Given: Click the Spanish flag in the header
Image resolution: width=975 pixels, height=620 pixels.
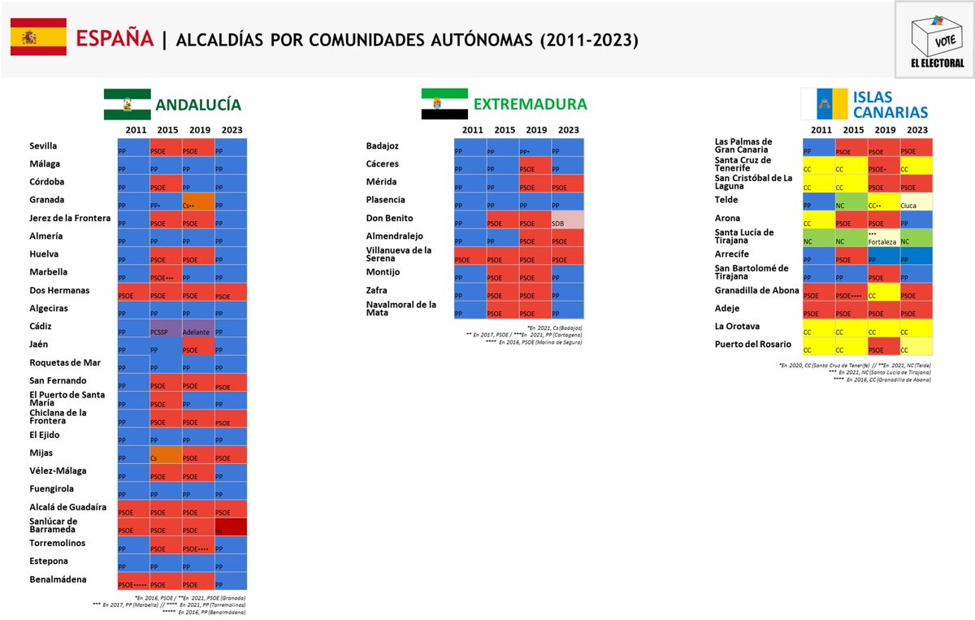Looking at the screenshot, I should tap(38, 37).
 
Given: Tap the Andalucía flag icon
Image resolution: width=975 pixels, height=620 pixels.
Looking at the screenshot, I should tap(126, 105).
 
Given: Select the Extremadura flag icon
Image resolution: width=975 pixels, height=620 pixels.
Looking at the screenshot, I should tap(444, 104).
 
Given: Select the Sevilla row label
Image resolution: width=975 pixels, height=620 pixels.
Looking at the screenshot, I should tap(43, 146).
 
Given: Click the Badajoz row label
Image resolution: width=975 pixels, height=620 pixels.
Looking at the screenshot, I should tap(383, 146).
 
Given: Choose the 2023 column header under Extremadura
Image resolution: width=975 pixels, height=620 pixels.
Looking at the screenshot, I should tap(569, 130).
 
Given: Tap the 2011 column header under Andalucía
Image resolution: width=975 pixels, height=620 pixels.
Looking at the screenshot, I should tap(136, 130).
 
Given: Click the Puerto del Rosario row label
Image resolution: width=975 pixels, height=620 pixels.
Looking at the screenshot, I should tap(752, 345).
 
